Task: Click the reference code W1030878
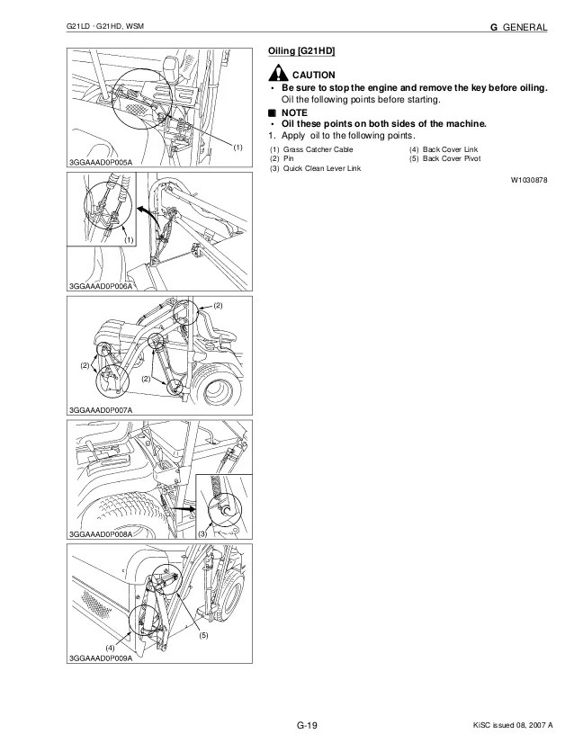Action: click(x=529, y=180)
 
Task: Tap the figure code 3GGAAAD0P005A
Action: click(x=100, y=161)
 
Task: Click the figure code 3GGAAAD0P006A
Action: click(x=100, y=286)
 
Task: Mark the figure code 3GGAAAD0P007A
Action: click(x=100, y=410)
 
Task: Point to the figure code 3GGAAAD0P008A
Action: click(x=100, y=534)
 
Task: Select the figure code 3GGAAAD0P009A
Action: click(x=100, y=658)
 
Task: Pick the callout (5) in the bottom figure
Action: click(x=204, y=635)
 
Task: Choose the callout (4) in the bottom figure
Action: click(x=110, y=648)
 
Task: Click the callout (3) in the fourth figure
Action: click(x=202, y=533)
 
